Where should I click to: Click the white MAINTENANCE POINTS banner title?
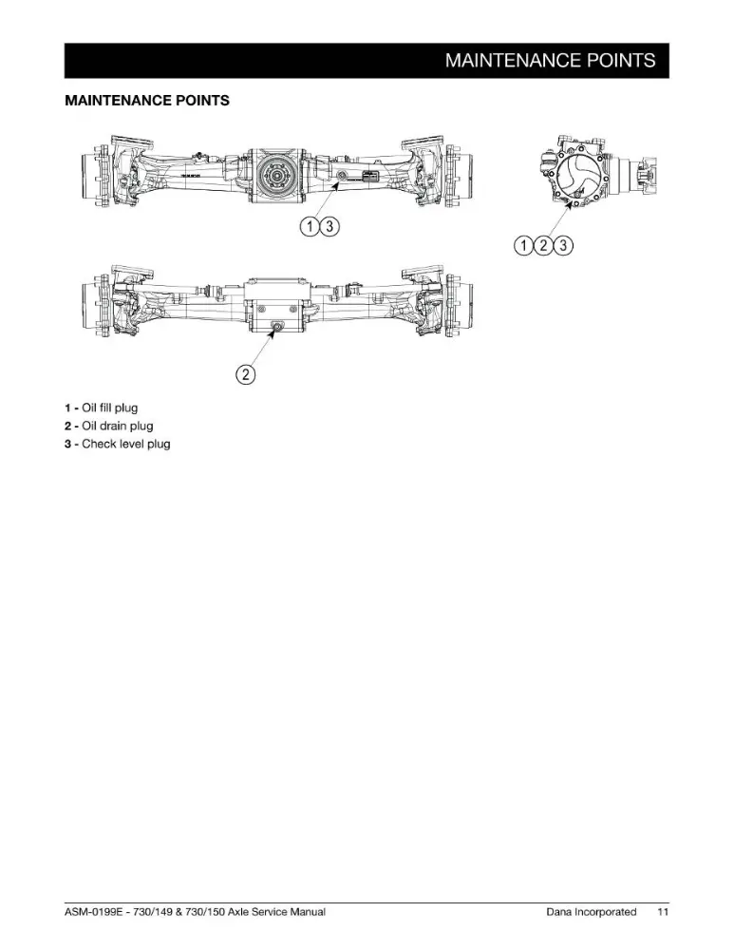pyautogui.click(x=550, y=60)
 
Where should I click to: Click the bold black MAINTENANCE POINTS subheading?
pyautogui.click(x=147, y=101)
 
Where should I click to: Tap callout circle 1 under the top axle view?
pyautogui.click(x=311, y=227)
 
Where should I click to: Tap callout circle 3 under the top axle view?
pyautogui.click(x=329, y=227)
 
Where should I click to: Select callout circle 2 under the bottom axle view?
pyautogui.click(x=245, y=373)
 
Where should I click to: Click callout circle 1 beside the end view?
pyautogui.click(x=524, y=245)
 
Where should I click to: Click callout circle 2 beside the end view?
pyautogui.click(x=544, y=245)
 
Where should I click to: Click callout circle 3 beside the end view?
pyautogui.click(x=563, y=245)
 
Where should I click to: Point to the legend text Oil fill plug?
pyautogui.click(x=109, y=408)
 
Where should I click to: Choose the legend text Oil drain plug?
pyautogui.click(x=118, y=426)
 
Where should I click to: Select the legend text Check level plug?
pyautogui.click(x=126, y=444)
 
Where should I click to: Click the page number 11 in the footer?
pyautogui.click(x=663, y=911)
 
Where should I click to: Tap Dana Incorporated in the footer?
pyautogui.click(x=591, y=911)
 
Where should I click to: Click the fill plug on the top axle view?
pyautogui.click(x=342, y=176)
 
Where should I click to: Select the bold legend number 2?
pyautogui.click(x=68, y=426)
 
